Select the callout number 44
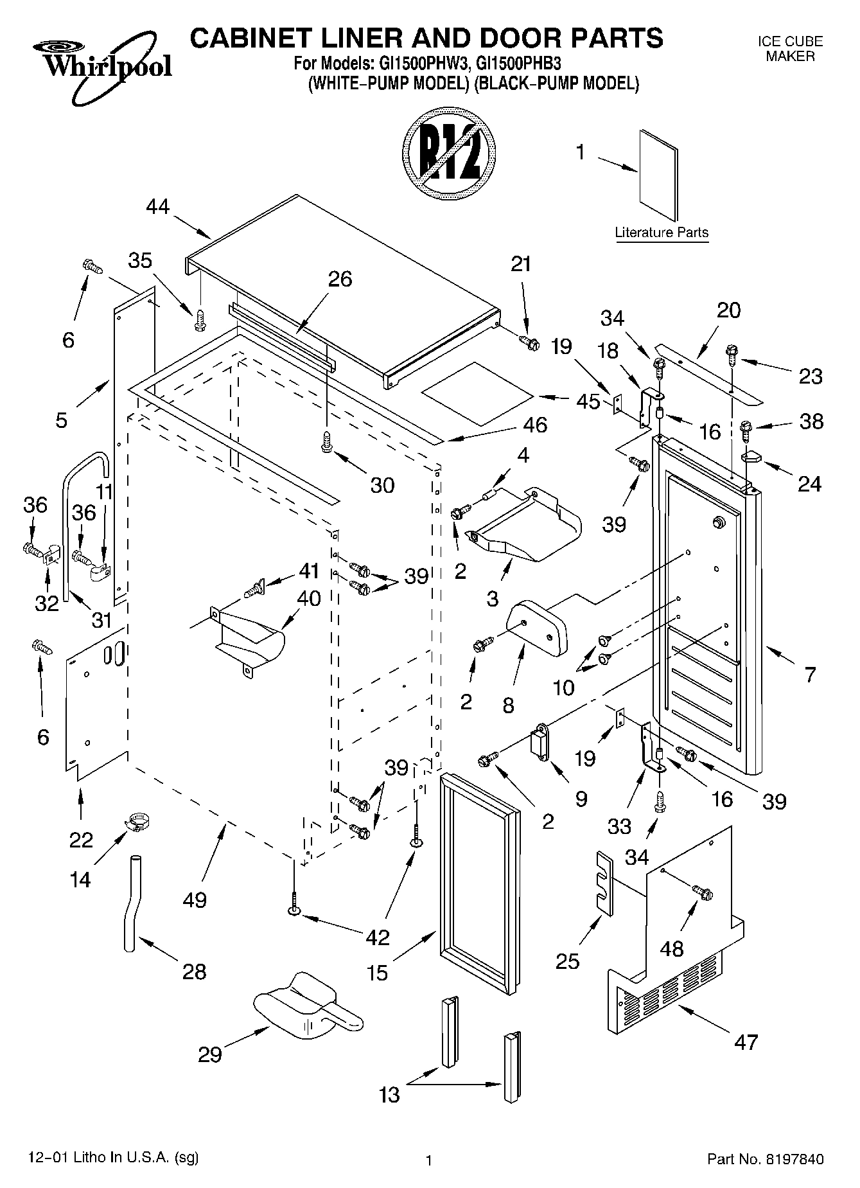(158, 207)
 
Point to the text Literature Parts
(662, 233)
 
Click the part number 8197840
(794, 1160)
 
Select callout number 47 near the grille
(746, 1042)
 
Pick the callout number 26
(340, 279)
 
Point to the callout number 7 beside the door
(810, 675)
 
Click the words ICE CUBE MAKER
(790, 49)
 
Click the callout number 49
(194, 900)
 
